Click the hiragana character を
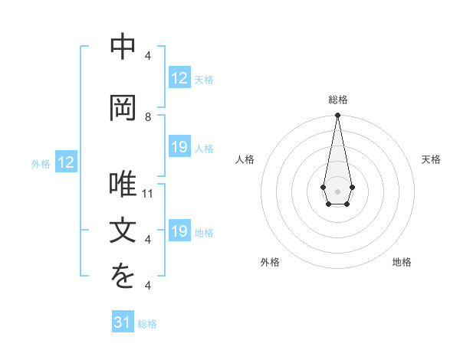123,278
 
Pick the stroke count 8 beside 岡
148,116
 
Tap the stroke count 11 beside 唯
149,194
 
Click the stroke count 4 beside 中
148,55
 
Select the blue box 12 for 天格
179,78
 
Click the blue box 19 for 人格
179,147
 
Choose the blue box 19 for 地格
179,231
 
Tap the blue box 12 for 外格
66,162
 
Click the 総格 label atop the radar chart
338,100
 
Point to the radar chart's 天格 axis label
431,159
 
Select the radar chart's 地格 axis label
402,262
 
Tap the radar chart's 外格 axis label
270,262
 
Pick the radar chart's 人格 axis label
245,159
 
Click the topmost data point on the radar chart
337,116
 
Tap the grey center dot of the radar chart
337,191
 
